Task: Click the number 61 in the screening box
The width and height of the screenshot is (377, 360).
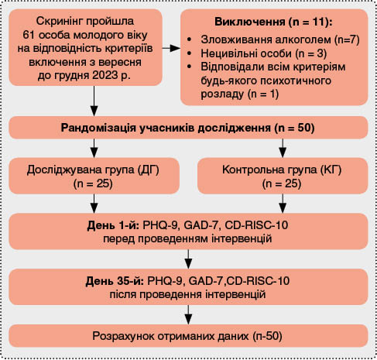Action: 28,35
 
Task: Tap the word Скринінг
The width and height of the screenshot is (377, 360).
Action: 59,22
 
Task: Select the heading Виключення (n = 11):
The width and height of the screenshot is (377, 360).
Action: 273,22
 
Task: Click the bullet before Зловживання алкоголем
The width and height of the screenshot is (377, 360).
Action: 190,39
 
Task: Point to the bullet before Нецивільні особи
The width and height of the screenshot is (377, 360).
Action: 190,53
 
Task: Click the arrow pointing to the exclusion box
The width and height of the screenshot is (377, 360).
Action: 171,48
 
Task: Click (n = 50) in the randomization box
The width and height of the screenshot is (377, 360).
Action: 294,128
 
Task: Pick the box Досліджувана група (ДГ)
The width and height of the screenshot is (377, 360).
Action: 94,176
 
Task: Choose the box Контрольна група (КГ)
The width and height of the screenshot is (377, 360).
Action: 283,176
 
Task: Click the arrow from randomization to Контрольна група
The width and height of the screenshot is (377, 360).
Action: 283,148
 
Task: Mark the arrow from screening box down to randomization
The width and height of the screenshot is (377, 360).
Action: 94,101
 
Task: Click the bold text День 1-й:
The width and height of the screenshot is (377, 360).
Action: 113,225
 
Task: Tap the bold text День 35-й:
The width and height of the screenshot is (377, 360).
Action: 115,281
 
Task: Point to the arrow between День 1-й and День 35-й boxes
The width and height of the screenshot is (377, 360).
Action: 188,259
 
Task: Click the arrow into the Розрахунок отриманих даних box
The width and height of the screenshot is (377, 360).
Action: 188,314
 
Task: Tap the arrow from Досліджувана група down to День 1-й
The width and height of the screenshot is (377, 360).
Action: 94,204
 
